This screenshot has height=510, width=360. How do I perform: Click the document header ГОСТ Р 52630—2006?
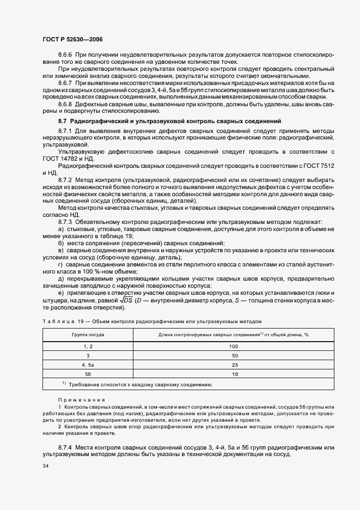tap(72, 40)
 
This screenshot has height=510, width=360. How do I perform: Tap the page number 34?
tap(45, 466)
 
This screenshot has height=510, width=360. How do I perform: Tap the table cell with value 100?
tap(234, 346)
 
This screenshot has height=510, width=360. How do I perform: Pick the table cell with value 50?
tap(234, 355)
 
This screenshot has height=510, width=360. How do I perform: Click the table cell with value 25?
tap(234, 365)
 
